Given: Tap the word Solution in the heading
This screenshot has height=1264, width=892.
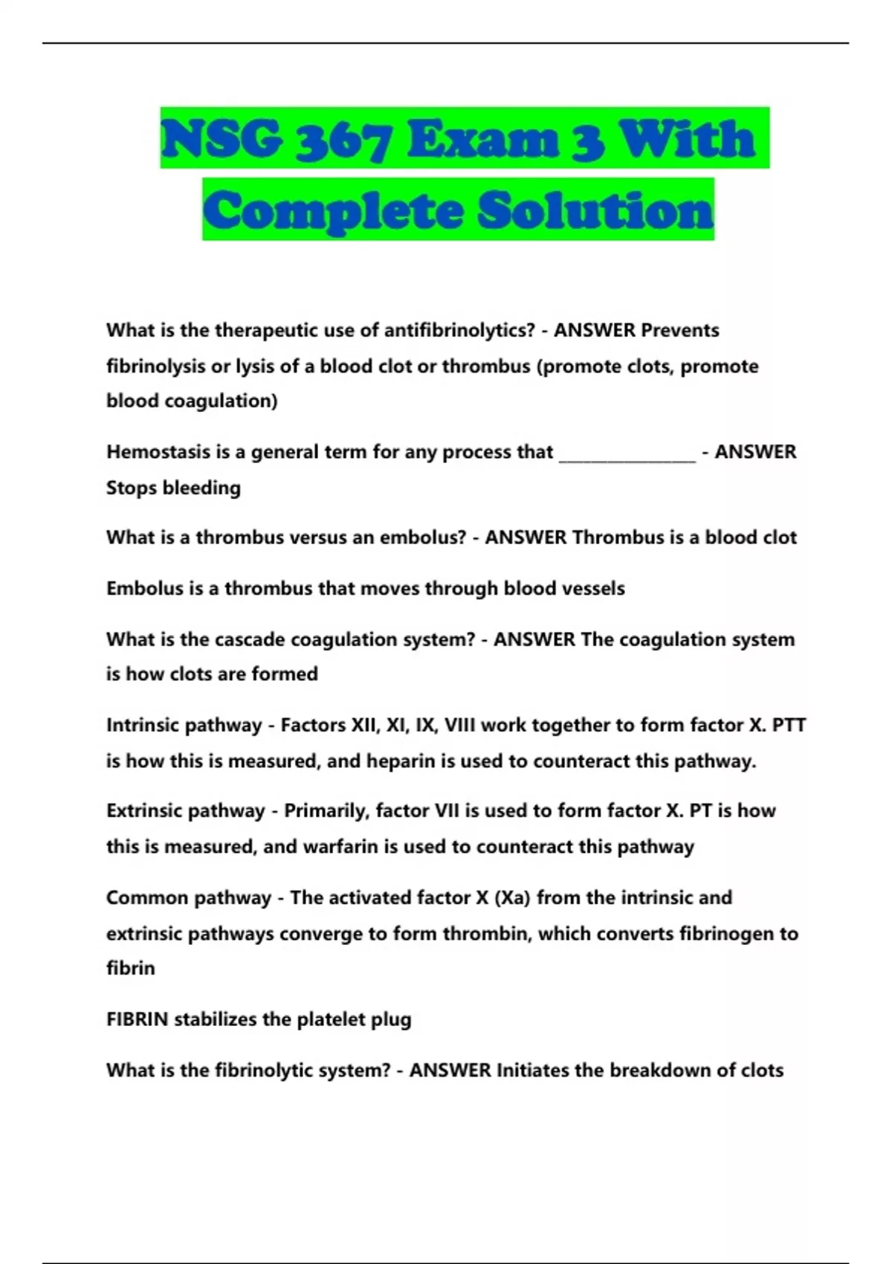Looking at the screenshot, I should coord(595,210).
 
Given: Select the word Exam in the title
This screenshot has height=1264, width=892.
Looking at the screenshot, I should coord(482,140).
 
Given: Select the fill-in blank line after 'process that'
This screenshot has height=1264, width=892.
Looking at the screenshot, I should coord(627,454).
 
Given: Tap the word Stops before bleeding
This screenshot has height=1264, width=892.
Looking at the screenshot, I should coord(131,488).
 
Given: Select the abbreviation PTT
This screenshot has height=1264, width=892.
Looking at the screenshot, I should coord(789,725).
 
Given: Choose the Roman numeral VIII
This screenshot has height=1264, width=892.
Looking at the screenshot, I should coord(459,725).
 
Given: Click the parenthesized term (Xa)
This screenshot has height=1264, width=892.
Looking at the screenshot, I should coord(512,897).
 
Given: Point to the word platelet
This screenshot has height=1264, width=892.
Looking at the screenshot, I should coord(332,1019).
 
